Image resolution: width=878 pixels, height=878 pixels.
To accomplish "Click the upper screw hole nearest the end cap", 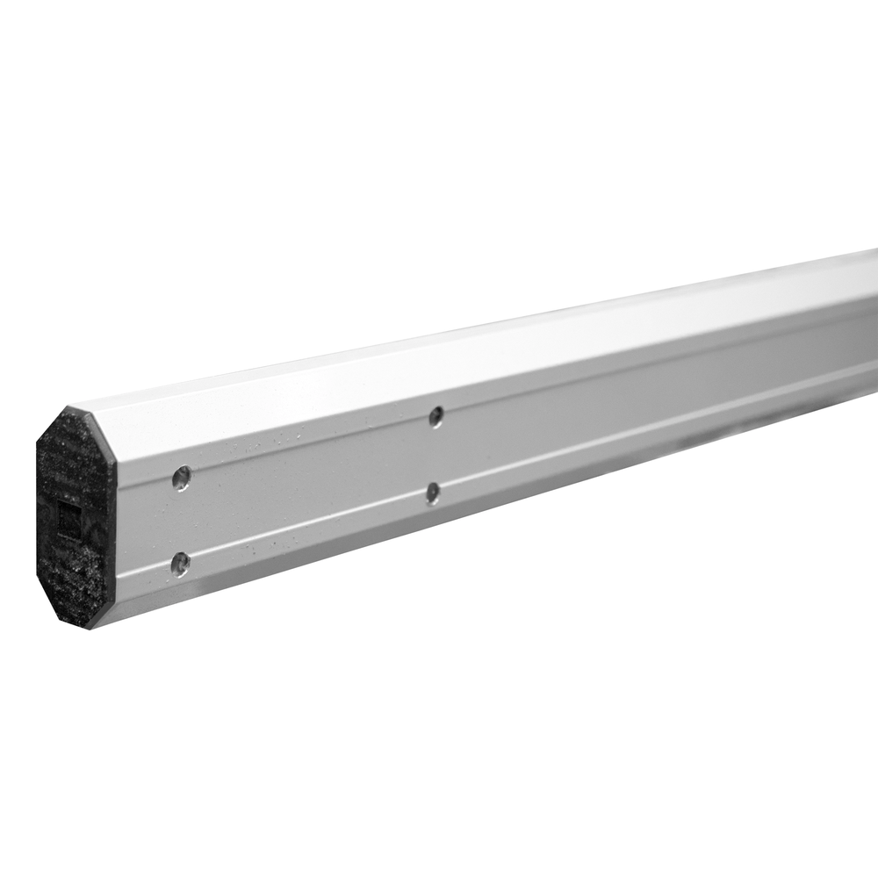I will (182, 478).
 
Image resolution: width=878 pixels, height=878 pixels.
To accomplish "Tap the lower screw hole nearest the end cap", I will (180, 563).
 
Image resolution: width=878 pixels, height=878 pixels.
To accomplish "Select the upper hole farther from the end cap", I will (435, 416).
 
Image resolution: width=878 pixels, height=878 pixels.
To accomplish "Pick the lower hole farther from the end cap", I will (433, 493).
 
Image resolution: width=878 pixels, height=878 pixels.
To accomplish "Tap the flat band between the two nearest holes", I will (181, 520).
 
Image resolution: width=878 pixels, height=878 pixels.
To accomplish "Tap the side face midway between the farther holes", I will (434, 454).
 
